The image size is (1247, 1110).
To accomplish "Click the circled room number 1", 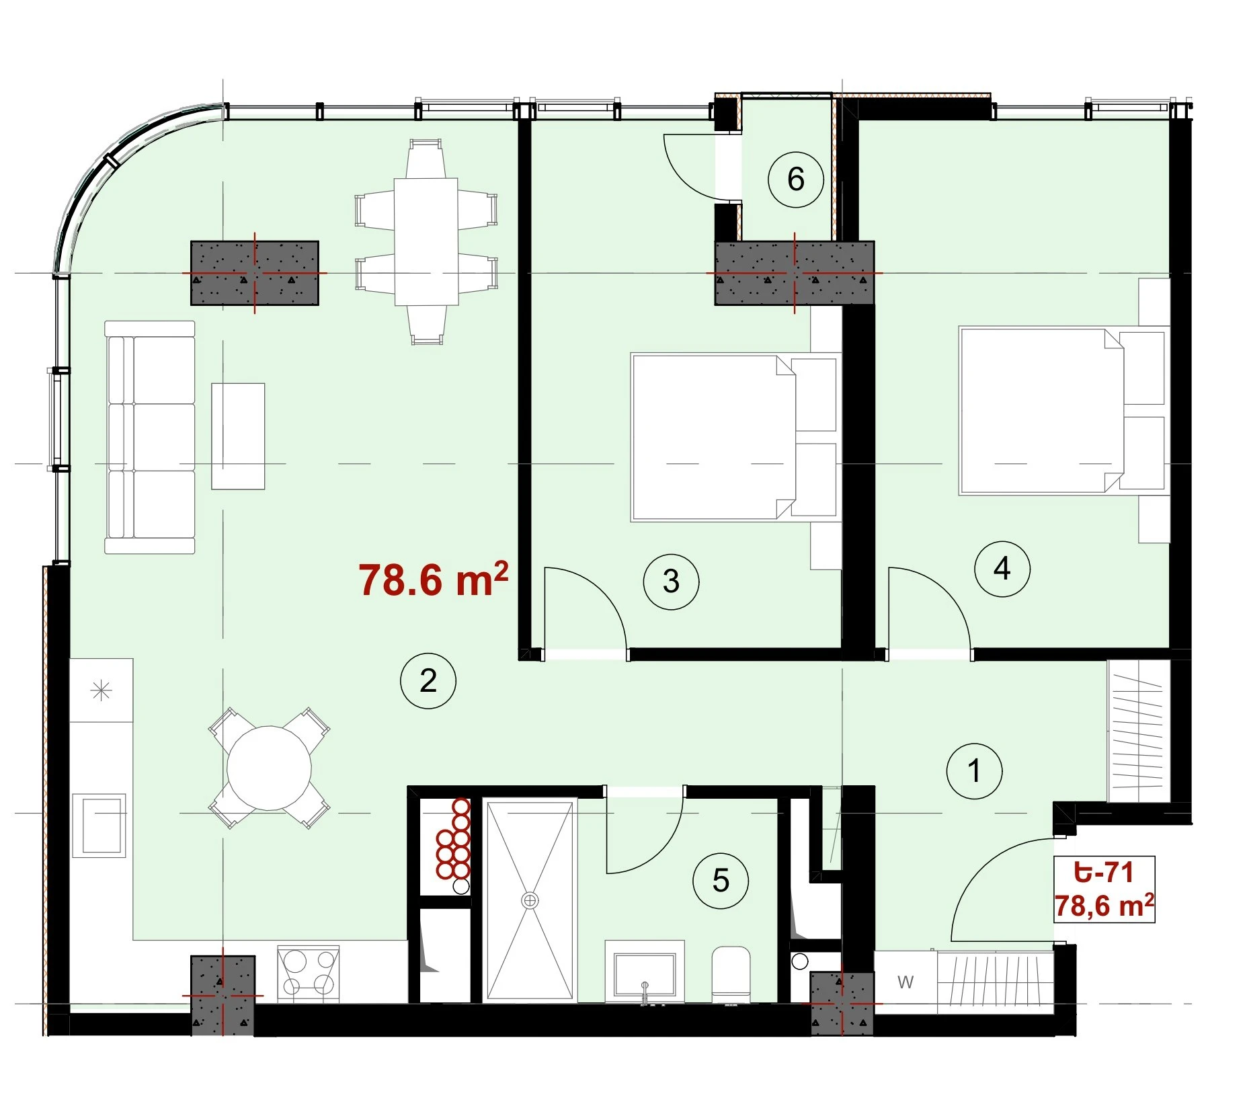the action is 974,771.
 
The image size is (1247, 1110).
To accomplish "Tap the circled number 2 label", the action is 428,681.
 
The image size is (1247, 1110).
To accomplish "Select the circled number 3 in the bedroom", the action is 671,582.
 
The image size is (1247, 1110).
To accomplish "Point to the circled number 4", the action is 1002,569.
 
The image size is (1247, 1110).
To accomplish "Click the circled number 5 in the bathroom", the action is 721,881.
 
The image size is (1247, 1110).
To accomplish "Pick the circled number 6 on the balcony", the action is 796,180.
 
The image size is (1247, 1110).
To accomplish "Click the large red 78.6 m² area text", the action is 433,580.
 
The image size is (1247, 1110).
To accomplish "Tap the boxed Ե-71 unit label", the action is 1104,889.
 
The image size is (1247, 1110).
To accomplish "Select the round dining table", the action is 269,768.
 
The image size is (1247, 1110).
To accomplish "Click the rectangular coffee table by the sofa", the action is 238,436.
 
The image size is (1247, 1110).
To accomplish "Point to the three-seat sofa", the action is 150,437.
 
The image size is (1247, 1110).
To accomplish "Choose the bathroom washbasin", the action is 645,972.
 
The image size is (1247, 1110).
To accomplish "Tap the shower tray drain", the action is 530,900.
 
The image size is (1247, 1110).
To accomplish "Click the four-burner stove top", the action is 309,973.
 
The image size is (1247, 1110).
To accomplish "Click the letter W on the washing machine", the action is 906,982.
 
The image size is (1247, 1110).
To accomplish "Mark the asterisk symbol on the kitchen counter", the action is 101,690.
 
